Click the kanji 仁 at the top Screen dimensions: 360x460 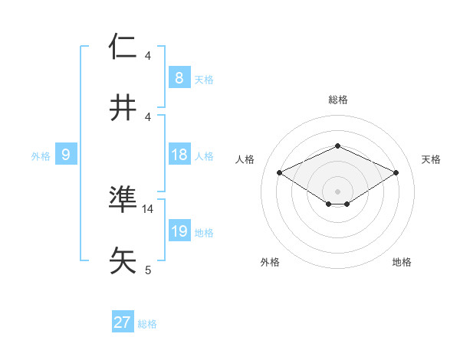pos(123,47)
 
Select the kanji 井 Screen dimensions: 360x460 pos(123,108)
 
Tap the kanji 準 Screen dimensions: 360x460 pos(123,200)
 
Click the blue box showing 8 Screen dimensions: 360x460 pos(179,78)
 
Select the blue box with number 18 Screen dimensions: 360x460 pos(179,155)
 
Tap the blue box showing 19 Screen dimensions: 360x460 pos(179,231)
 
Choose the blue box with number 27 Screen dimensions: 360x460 pos(123,322)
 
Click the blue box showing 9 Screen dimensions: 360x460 pos(66,155)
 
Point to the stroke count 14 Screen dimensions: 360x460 pos(148,208)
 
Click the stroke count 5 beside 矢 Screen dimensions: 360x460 pos(148,270)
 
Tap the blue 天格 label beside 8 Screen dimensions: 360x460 pos(204,79)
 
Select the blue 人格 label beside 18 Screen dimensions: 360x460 pos(204,155)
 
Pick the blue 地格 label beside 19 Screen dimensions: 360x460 pos(204,232)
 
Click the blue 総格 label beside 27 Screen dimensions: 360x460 pos(147,323)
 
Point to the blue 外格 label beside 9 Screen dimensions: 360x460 pos(41,155)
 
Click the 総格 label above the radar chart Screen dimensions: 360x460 pos(337,100)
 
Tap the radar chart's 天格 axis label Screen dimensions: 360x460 pos(431,159)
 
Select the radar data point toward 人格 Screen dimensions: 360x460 pos(279,172)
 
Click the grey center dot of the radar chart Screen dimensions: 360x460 pos(337,191)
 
